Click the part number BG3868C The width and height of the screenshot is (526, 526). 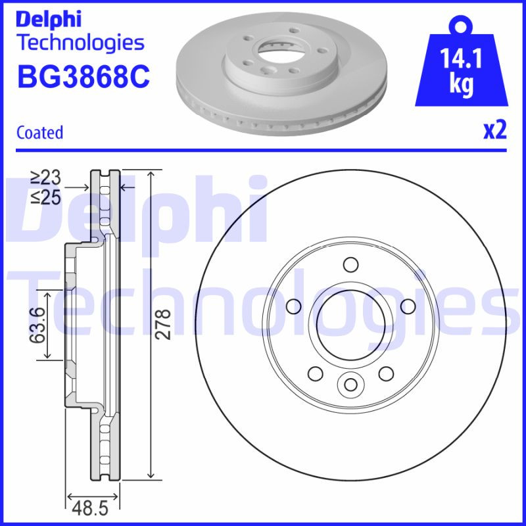point(83,77)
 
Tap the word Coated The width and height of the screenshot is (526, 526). point(39,132)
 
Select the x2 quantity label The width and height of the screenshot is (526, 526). point(495,131)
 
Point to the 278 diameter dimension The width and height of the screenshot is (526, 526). point(164,323)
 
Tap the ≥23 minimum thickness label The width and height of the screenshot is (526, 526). point(46,177)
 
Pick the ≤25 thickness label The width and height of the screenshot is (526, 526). point(46,197)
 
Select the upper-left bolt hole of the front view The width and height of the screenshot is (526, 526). point(294,306)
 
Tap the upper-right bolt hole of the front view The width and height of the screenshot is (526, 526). point(407,306)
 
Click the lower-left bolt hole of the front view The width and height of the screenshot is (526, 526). point(316,373)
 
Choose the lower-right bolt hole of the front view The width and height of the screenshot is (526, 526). point(385,373)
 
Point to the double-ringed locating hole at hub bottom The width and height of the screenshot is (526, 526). point(350,384)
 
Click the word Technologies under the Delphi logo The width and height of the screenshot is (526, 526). point(80,43)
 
